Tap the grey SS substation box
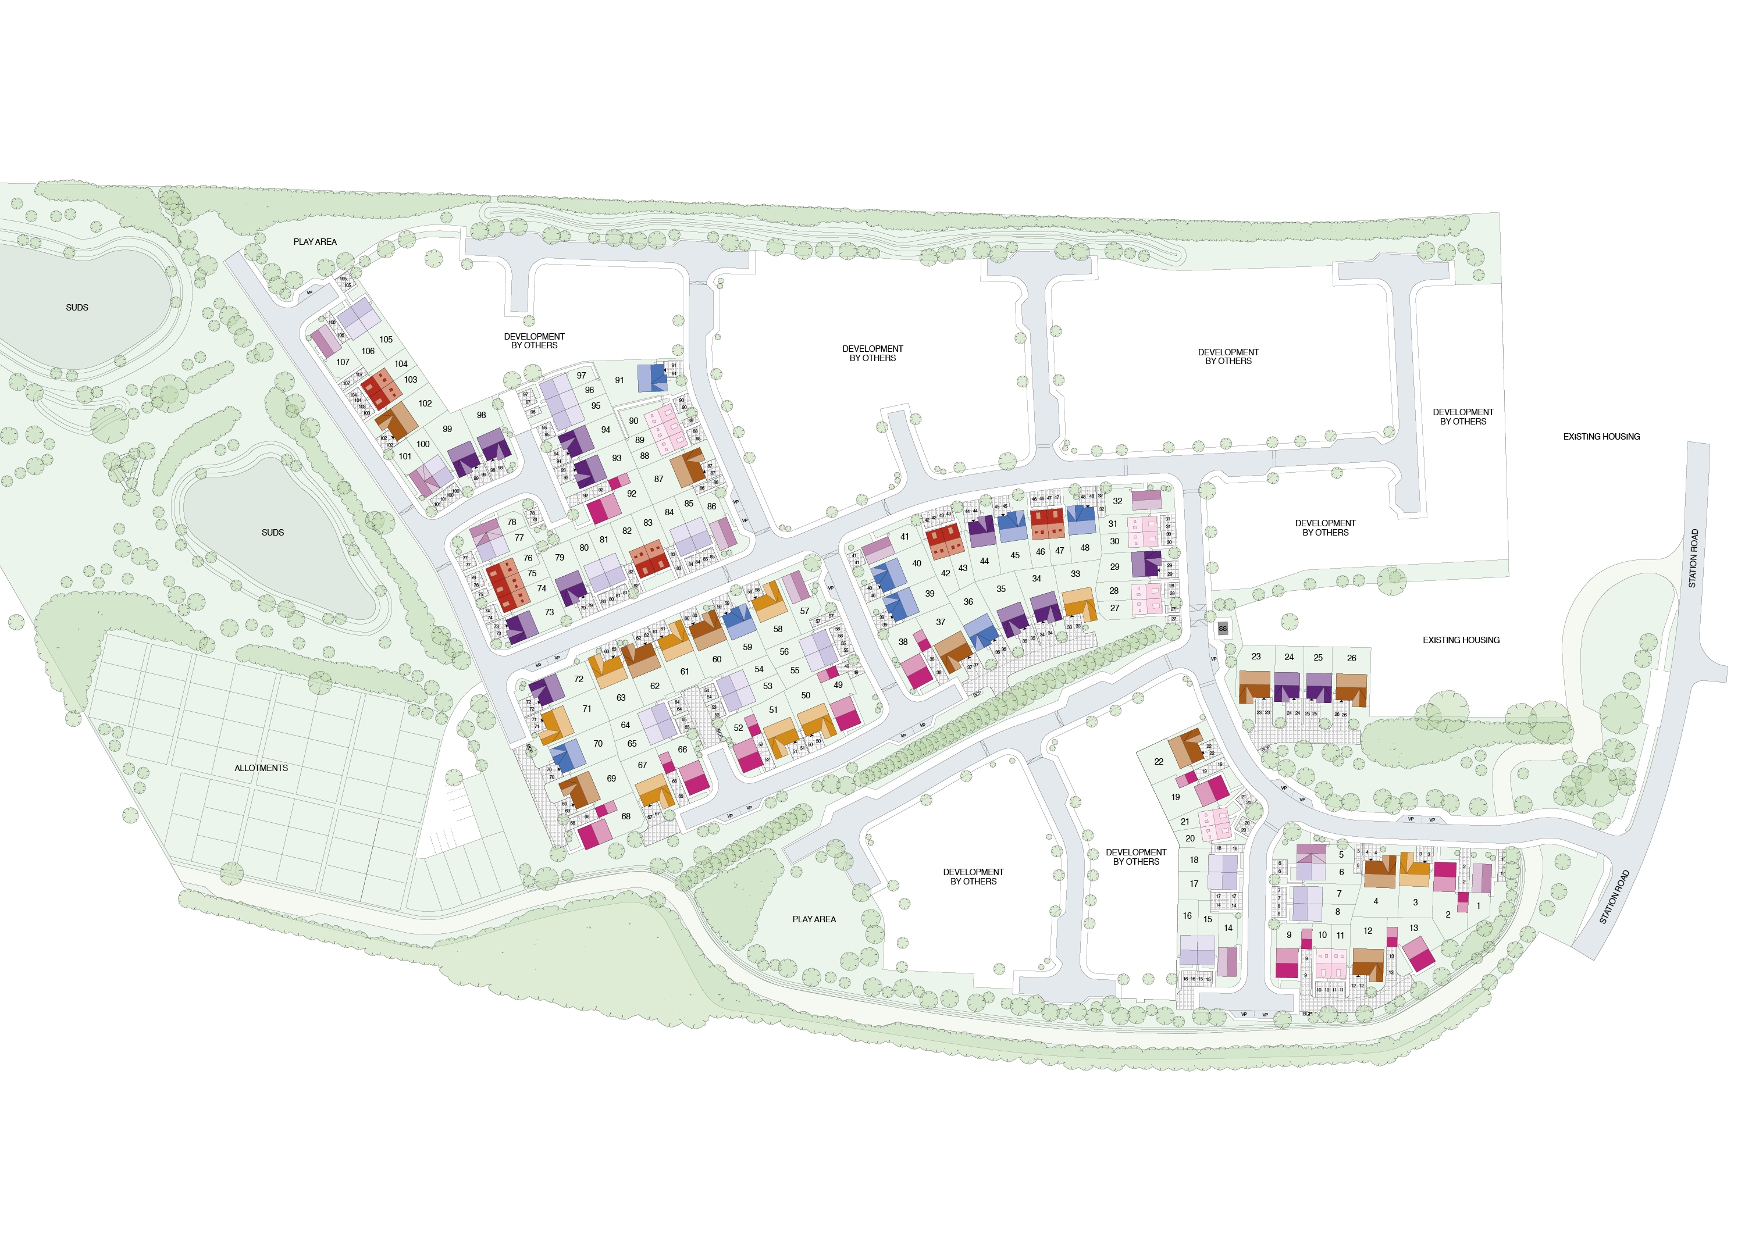pos(1223,629)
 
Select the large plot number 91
pos(619,380)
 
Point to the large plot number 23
pos(1256,657)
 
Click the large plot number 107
pos(343,362)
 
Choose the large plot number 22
pos(1159,762)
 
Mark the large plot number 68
pos(626,816)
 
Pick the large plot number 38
pos(903,642)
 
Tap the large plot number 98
pos(481,415)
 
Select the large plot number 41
pos(905,537)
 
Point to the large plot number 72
pos(579,679)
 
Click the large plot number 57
pos(804,611)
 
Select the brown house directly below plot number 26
pos(1351,689)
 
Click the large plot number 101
pos(405,456)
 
